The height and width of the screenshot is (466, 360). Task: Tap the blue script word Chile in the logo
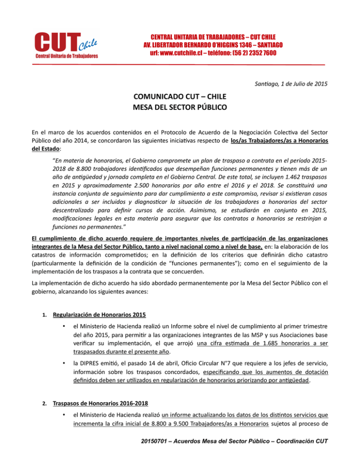coord(88,44)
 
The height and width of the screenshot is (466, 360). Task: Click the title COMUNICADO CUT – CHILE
coord(180,99)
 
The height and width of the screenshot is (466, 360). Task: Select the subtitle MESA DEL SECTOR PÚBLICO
coord(180,111)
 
